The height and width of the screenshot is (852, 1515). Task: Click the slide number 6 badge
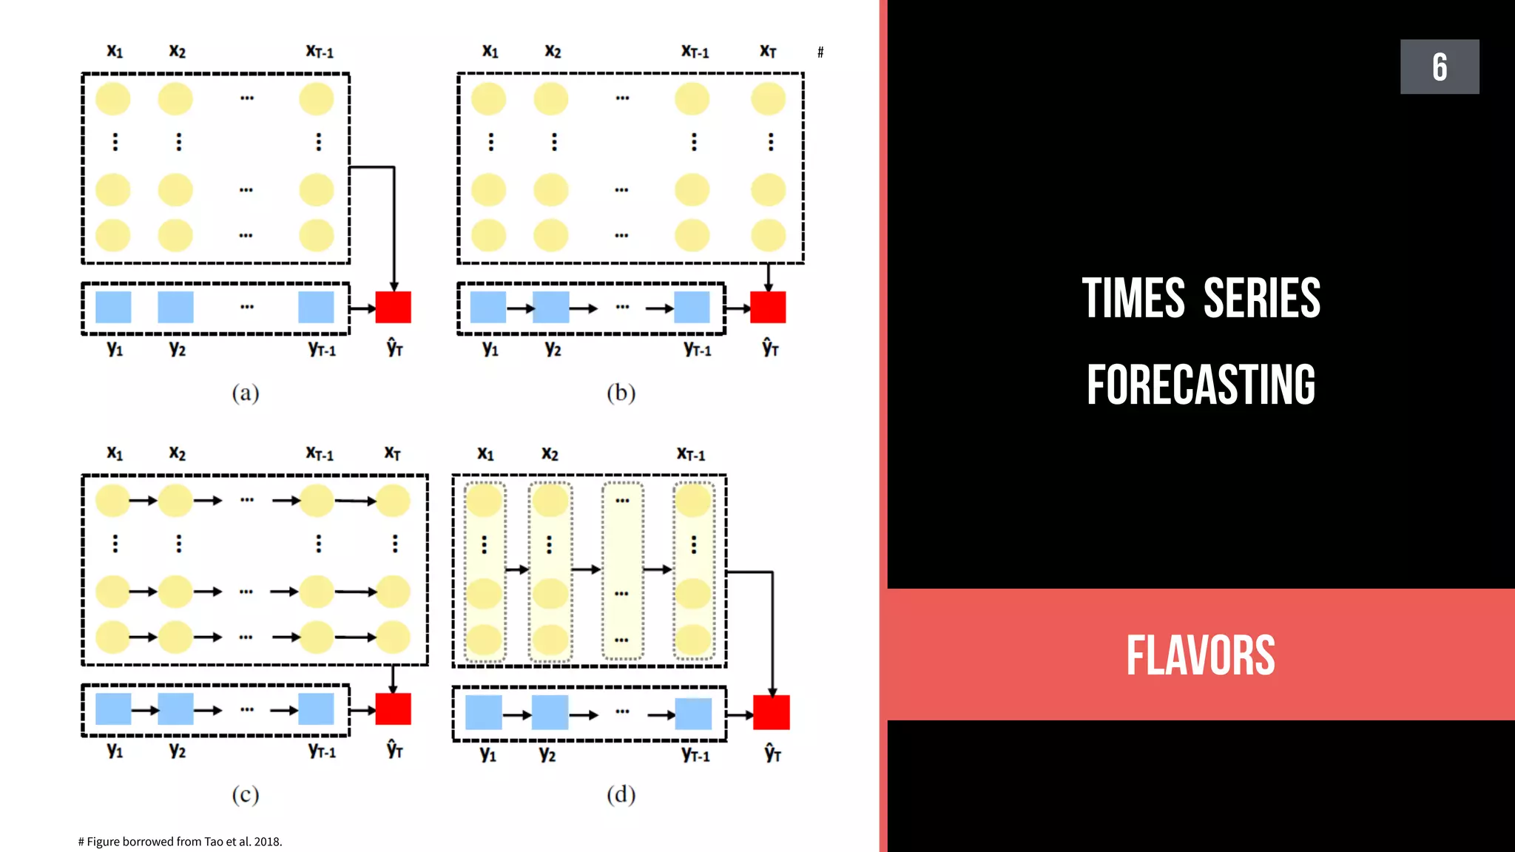[x=1439, y=67]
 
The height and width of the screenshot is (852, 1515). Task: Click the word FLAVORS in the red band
[x=1201, y=655]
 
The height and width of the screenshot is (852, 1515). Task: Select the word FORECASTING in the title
[x=1201, y=385]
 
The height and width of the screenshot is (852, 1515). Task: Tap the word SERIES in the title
[x=1261, y=298]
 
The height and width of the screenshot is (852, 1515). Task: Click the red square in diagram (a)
[x=393, y=307]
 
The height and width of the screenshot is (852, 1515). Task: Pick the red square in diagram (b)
[x=768, y=307]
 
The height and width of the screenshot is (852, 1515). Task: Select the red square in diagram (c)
[x=393, y=709]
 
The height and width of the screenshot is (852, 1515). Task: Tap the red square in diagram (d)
[x=771, y=712]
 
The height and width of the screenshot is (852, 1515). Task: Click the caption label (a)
[x=245, y=393]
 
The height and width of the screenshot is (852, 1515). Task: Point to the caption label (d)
[x=621, y=794]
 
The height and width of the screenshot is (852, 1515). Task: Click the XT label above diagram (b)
[x=768, y=51]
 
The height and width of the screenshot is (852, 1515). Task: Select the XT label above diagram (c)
[x=392, y=453]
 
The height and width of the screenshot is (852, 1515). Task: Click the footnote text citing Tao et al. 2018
[x=180, y=842]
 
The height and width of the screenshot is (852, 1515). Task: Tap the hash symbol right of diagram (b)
[x=820, y=53]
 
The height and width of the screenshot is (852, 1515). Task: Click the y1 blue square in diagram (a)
[x=113, y=307]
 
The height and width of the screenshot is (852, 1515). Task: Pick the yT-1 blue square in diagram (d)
[x=693, y=714]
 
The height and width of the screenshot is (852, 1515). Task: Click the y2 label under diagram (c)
[x=177, y=751]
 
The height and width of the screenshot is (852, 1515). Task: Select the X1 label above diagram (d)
[x=485, y=453]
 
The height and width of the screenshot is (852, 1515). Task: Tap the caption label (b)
[x=621, y=393]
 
